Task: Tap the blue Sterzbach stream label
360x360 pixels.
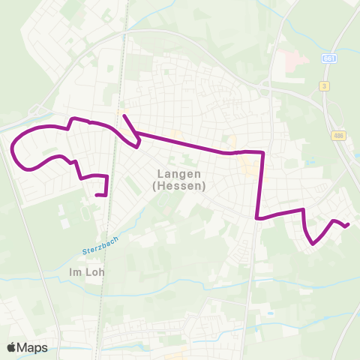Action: [95, 247]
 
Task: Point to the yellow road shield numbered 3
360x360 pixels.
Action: [325, 85]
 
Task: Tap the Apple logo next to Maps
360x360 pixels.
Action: [11, 347]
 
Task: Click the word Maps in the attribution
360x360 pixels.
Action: [32, 347]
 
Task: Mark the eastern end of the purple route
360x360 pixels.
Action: [348, 224]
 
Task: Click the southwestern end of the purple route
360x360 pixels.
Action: [97, 195]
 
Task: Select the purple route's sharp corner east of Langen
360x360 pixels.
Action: [262, 152]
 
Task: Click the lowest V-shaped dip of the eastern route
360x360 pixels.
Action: [312, 243]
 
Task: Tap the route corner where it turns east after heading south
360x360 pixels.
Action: [257, 218]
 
